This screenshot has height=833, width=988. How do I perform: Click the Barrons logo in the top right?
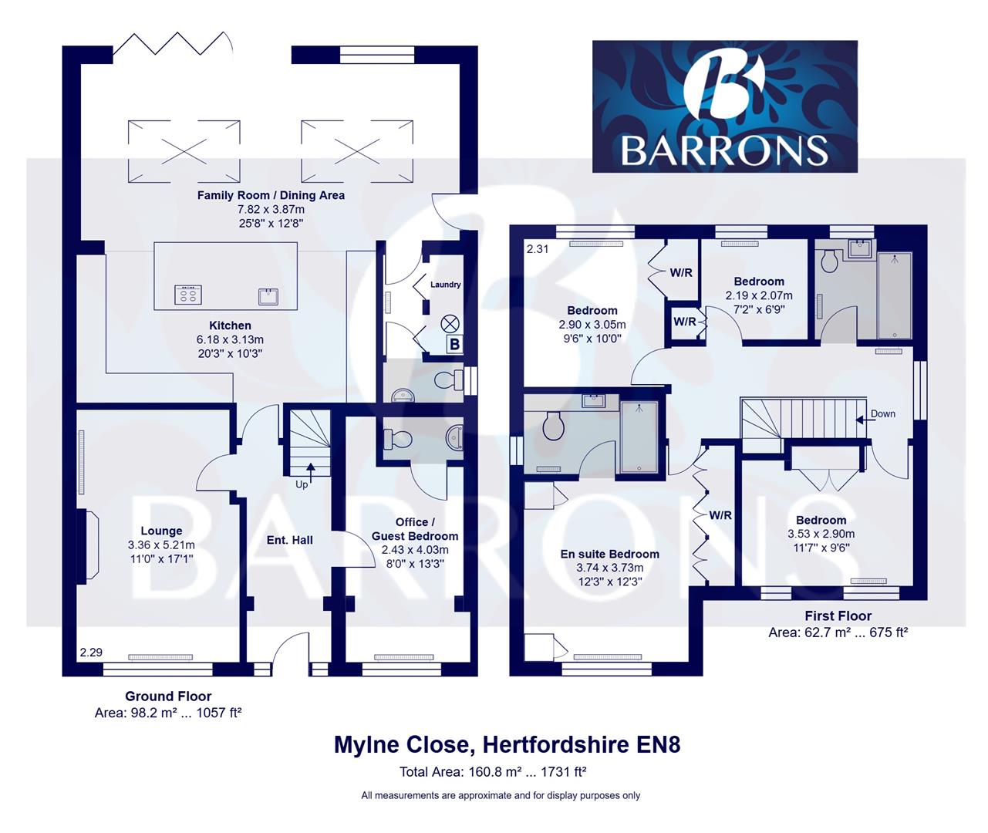click(724, 106)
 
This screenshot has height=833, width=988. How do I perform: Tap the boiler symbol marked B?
click(454, 344)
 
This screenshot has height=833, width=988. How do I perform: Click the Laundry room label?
click(445, 285)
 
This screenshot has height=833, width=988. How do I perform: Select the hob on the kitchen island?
click(188, 294)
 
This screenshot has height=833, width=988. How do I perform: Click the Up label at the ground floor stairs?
click(302, 484)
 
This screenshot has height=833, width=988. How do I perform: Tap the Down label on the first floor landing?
click(882, 414)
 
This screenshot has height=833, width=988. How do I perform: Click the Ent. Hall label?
click(290, 540)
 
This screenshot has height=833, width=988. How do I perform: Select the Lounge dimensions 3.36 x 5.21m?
click(162, 545)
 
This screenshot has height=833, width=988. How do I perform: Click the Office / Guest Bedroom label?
click(414, 529)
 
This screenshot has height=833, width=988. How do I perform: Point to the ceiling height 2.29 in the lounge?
click(91, 653)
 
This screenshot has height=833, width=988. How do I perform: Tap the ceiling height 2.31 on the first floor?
click(538, 249)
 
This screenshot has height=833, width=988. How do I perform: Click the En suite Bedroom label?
click(609, 554)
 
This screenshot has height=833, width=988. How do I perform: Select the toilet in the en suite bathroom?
click(553, 426)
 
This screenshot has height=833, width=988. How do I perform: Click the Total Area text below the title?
click(494, 772)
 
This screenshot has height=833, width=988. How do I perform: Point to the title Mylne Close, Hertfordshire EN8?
click(507, 745)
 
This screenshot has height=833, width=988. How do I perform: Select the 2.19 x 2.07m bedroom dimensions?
click(759, 295)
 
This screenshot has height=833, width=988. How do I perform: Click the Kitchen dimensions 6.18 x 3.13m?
click(230, 339)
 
